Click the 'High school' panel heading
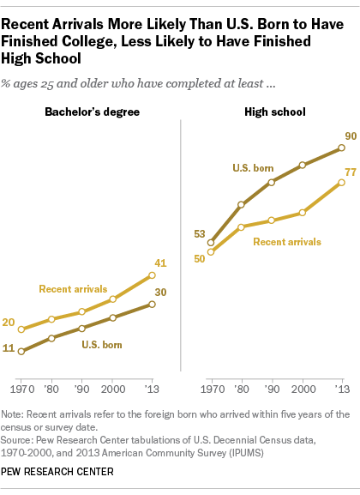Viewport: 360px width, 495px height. [274, 113]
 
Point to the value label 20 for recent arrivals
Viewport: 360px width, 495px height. [9, 323]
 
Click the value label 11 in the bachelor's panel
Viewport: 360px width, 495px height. [9, 349]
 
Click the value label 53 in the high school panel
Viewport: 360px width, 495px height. [200, 233]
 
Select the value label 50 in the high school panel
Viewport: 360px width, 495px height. [200, 259]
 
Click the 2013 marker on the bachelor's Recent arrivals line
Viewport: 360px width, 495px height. [152, 275]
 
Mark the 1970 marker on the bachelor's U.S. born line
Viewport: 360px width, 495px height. [21, 350]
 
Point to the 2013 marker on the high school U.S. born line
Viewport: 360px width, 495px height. [342, 148]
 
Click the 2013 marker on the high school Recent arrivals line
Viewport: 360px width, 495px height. [342, 183]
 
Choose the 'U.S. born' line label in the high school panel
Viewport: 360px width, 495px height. [253, 167]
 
